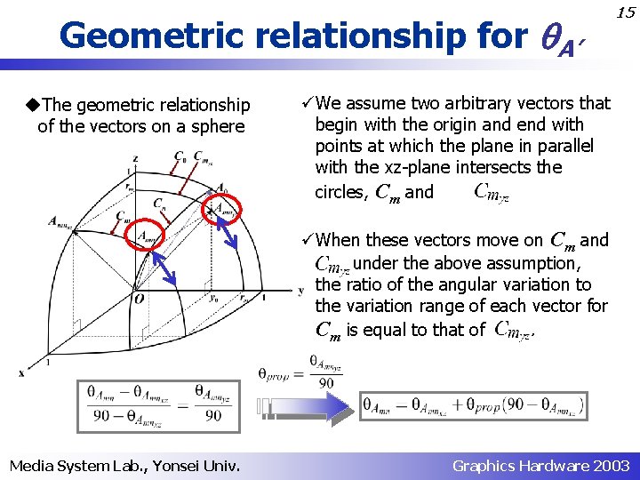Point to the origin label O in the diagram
click(139, 300)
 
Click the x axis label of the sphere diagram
click(21, 372)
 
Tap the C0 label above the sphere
click(180, 158)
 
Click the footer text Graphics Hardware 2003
click(540, 466)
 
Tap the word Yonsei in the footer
click(177, 466)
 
